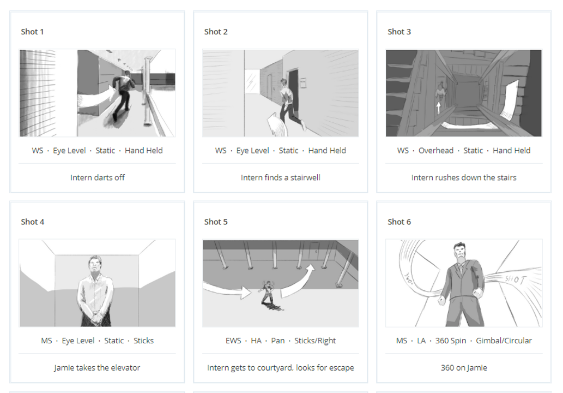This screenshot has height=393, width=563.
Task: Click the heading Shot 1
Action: click(x=32, y=32)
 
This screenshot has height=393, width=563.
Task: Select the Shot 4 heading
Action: click(x=32, y=222)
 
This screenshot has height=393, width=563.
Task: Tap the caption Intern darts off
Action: click(x=97, y=177)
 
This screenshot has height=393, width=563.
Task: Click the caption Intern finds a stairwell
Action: click(x=280, y=177)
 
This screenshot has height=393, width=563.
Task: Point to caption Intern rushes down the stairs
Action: click(x=464, y=177)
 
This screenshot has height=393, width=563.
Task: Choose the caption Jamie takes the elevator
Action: click(x=97, y=367)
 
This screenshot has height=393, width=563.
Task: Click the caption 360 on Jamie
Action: click(x=464, y=367)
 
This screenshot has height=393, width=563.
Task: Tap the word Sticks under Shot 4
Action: click(x=143, y=341)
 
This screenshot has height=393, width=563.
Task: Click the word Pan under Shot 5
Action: click(x=278, y=341)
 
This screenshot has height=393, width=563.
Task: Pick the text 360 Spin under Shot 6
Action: click(x=451, y=341)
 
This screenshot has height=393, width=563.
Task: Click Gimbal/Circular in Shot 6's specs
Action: click(x=504, y=341)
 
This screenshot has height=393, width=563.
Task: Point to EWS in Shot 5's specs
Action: click(x=233, y=341)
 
